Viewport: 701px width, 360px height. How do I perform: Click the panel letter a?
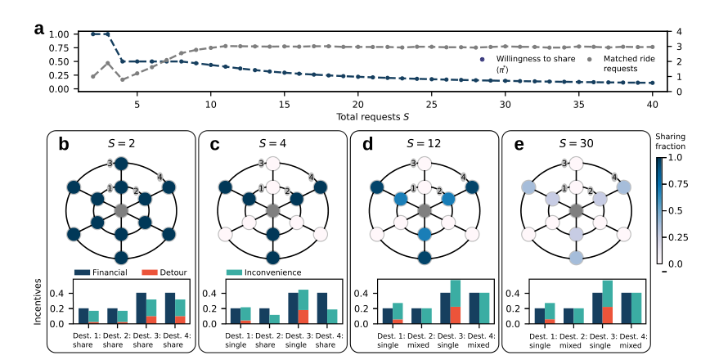pyautogui.click(x=39, y=29)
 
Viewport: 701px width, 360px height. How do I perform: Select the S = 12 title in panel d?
pyautogui.click(x=424, y=142)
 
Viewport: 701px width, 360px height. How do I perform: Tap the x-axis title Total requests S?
pyautogui.click(x=373, y=118)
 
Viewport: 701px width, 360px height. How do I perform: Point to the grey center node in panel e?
pyautogui.click(x=577, y=211)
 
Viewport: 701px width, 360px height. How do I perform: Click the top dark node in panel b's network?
pyautogui.click(x=121, y=164)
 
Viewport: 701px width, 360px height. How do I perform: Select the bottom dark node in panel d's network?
pyautogui.click(x=425, y=259)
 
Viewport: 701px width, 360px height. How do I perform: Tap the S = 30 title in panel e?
pyautogui.click(x=577, y=142)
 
